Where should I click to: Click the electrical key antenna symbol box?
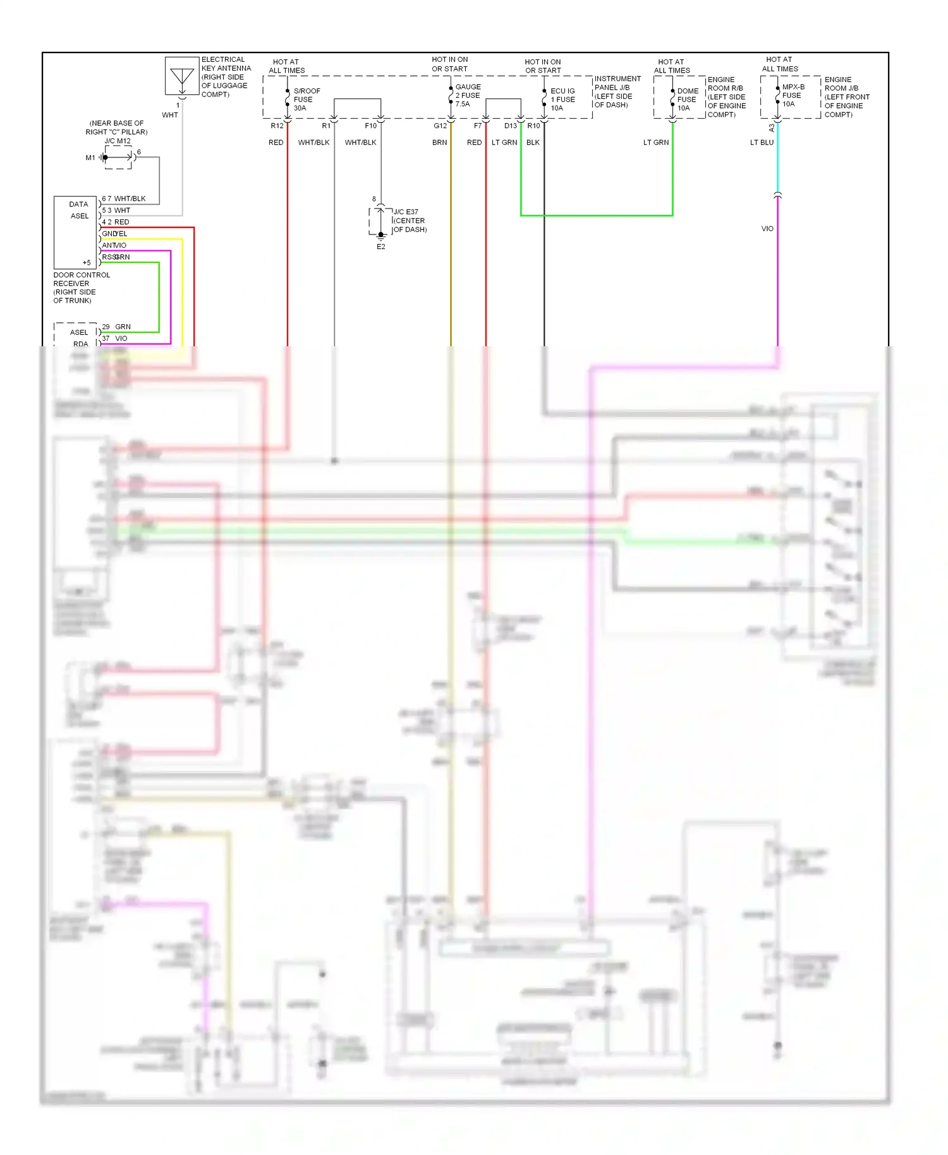pyautogui.click(x=181, y=76)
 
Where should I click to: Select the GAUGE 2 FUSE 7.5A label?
pyautogui.click(x=468, y=95)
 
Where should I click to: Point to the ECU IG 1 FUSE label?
pyautogui.click(x=562, y=99)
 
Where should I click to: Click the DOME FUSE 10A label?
pyautogui.click(x=687, y=99)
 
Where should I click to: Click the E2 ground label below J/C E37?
pyautogui.click(x=380, y=247)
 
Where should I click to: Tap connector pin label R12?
pyautogui.click(x=277, y=126)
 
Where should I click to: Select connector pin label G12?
pyautogui.click(x=440, y=126)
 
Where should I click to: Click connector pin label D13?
pyautogui.click(x=510, y=126)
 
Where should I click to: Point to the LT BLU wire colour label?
pyautogui.click(x=762, y=143)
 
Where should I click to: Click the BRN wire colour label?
pyautogui.click(x=439, y=143)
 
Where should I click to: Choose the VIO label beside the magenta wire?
pyautogui.click(x=767, y=229)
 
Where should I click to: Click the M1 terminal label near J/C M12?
pyautogui.click(x=90, y=158)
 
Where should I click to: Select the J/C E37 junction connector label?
pyautogui.click(x=406, y=212)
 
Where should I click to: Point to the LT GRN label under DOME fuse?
pyautogui.click(x=655, y=143)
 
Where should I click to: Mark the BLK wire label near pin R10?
pyautogui.click(x=533, y=143)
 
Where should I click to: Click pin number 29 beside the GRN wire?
pyautogui.click(x=106, y=327)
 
